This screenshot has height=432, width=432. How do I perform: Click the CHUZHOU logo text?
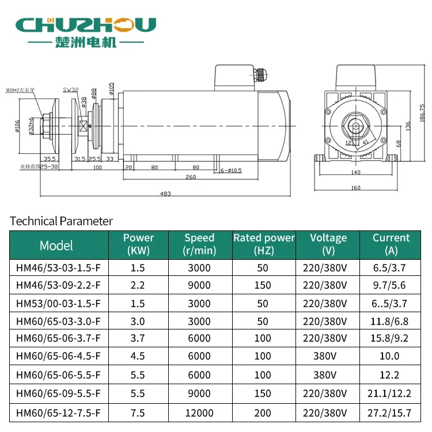86,25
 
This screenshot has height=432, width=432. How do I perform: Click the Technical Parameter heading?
62,221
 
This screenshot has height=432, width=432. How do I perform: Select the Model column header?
56,245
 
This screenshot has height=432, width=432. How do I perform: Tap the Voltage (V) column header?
328,244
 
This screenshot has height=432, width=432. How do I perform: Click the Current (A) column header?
391,244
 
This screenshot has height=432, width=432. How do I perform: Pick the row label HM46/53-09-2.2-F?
59,285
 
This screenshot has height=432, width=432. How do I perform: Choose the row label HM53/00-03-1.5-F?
59,302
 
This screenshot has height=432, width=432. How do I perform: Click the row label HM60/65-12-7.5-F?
59,412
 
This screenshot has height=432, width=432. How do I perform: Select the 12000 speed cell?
199,412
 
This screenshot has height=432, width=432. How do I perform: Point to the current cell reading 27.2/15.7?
391,412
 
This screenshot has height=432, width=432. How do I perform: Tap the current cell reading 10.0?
391,357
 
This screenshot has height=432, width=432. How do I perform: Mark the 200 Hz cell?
263,412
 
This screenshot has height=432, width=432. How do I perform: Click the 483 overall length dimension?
165,194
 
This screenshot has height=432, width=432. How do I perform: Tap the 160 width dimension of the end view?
355,188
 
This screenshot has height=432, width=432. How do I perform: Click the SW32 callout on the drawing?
71,90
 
